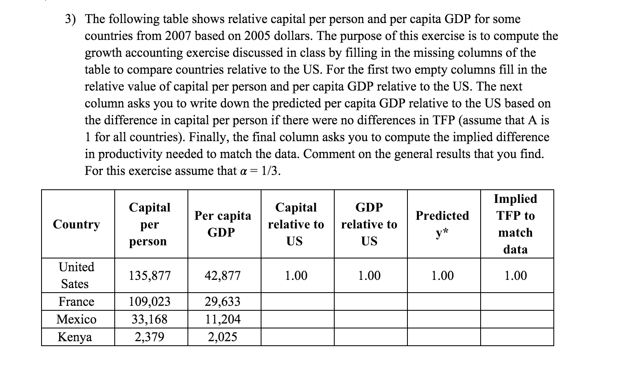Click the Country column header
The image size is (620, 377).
point(76,224)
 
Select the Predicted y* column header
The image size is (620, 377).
point(442,224)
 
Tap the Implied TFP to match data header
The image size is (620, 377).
point(516,224)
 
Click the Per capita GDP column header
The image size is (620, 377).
point(222,224)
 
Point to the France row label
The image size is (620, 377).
point(76,302)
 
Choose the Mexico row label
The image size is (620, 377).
point(76,319)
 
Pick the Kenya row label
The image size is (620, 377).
point(75,337)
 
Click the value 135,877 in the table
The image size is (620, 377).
point(150,276)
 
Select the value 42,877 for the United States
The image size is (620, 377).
point(222,276)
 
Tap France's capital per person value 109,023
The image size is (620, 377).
point(150,302)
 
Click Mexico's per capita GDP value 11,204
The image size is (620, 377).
point(222,319)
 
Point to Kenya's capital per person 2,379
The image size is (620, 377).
point(150,337)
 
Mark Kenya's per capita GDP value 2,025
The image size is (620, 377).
point(222,337)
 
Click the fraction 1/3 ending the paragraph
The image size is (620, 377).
point(270,171)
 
